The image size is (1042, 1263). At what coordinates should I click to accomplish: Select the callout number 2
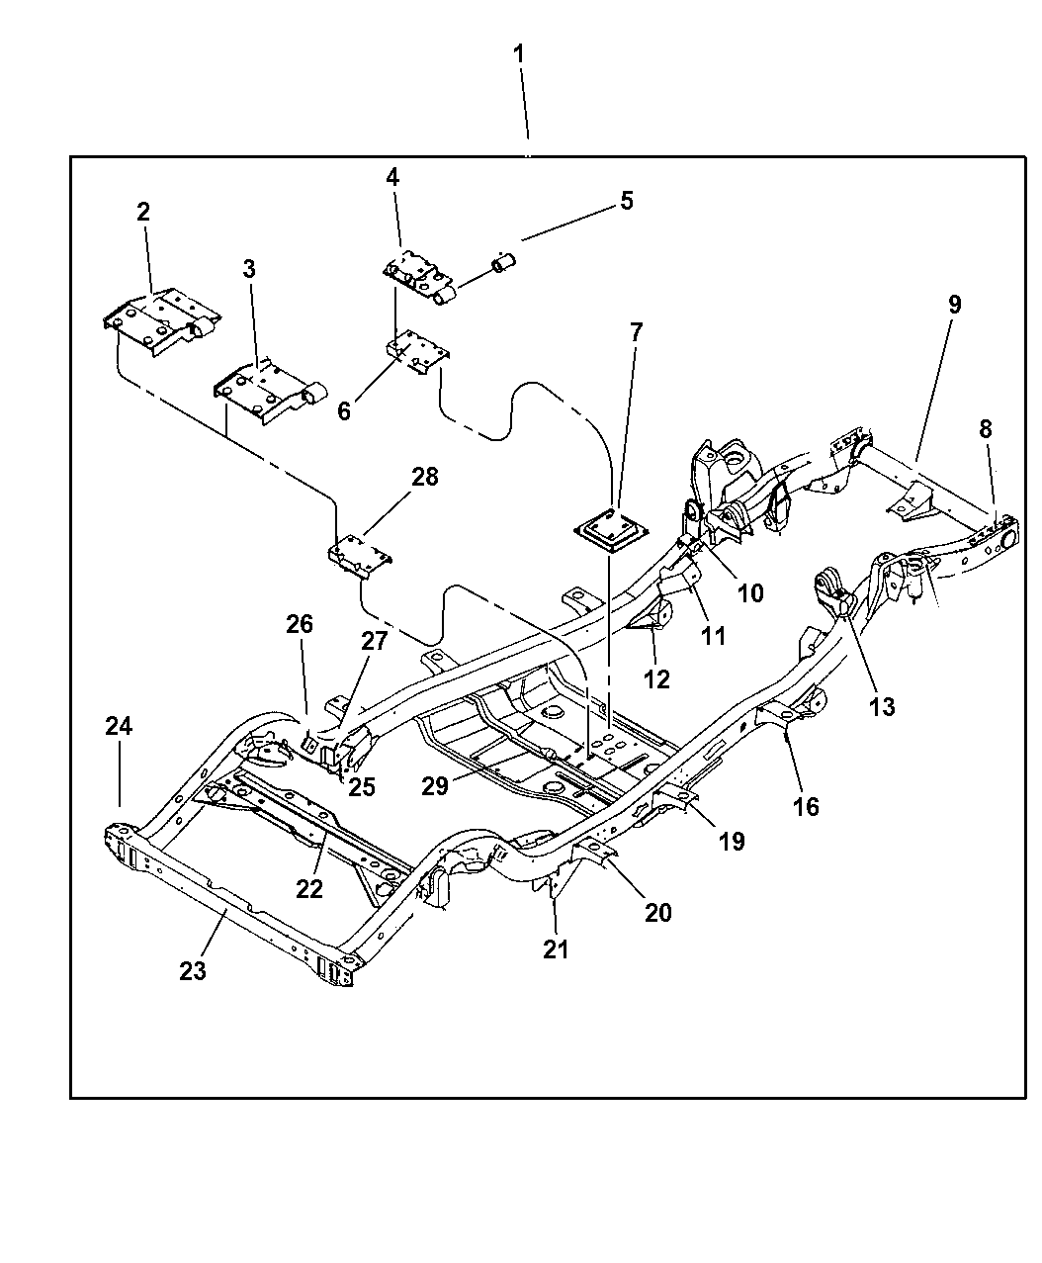click(143, 211)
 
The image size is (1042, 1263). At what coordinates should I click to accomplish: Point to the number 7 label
click(636, 332)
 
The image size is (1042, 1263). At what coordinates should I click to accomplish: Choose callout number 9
click(954, 304)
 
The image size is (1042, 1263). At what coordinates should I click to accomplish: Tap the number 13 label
click(882, 706)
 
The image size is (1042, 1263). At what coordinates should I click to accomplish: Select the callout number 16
click(806, 806)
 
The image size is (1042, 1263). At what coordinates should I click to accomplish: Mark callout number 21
click(557, 948)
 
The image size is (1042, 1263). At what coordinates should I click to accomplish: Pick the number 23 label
click(193, 970)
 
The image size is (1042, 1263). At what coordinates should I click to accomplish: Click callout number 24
click(119, 726)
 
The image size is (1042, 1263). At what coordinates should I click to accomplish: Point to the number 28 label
click(424, 479)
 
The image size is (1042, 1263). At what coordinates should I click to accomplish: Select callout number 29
click(436, 785)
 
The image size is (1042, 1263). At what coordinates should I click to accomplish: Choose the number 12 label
click(656, 678)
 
